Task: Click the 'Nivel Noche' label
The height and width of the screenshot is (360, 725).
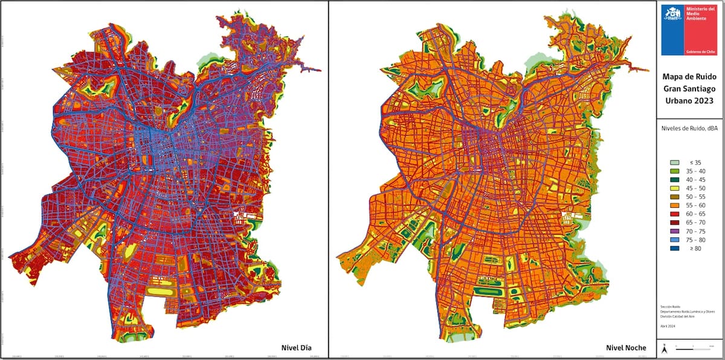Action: click(x=626, y=347)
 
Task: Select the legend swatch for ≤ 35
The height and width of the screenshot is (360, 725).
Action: click(x=675, y=162)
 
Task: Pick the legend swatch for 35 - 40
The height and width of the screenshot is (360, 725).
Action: click(x=675, y=171)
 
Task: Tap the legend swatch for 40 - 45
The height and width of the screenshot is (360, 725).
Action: click(x=675, y=179)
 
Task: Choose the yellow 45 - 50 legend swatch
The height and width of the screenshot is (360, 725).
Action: click(x=675, y=188)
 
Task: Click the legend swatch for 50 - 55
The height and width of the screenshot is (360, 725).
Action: click(x=675, y=197)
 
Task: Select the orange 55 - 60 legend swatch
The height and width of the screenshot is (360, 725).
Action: click(x=675, y=205)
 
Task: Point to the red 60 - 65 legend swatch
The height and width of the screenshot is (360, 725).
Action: click(x=675, y=214)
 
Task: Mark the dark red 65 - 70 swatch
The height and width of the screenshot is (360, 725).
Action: click(x=675, y=222)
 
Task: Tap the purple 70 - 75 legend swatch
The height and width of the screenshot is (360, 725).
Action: click(x=675, y=231)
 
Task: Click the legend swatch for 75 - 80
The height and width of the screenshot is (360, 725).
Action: click(x=675, y=240)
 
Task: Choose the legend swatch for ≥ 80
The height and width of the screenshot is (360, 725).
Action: click(x=675, y=248)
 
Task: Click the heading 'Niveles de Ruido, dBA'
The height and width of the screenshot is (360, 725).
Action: click(x=691, y=128)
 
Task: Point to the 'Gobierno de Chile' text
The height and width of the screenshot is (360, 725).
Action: click(x=700, y=53)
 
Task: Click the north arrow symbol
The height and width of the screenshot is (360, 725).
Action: click(x=665, y=349)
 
